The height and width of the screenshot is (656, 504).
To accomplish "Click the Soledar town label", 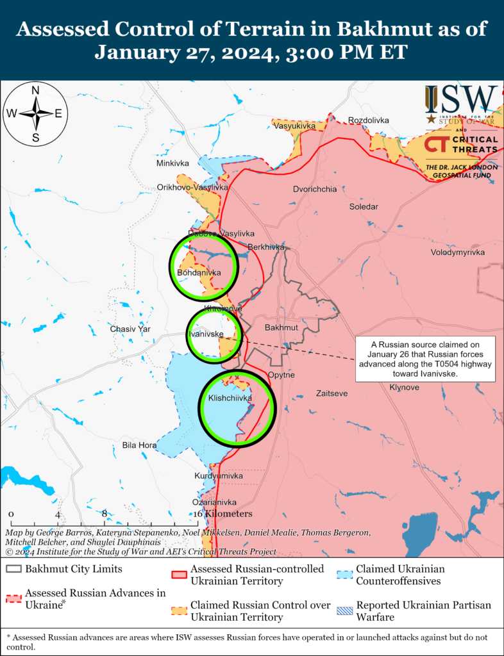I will click(x=364, y=207).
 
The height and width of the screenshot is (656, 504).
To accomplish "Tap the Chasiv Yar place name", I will click(x=130, y=329).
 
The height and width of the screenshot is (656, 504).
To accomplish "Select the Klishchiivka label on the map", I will click(x=230, y=398).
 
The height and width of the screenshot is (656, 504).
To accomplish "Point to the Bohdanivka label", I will click(x=198, y=272).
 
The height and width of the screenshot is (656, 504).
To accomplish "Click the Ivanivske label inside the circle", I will click(x=205, y=334).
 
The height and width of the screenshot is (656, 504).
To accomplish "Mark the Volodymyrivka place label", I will click(x=457, y=252).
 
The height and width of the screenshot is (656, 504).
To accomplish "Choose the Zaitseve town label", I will click(x=332, y=393).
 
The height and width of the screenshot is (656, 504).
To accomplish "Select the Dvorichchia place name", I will click(x=314, y=190).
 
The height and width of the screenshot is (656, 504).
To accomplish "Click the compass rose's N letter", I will click(x=36, y=90).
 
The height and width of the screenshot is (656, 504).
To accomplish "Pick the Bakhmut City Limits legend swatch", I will click(x=13, y=568).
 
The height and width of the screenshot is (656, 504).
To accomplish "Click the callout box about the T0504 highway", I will click(x=419, y=359).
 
